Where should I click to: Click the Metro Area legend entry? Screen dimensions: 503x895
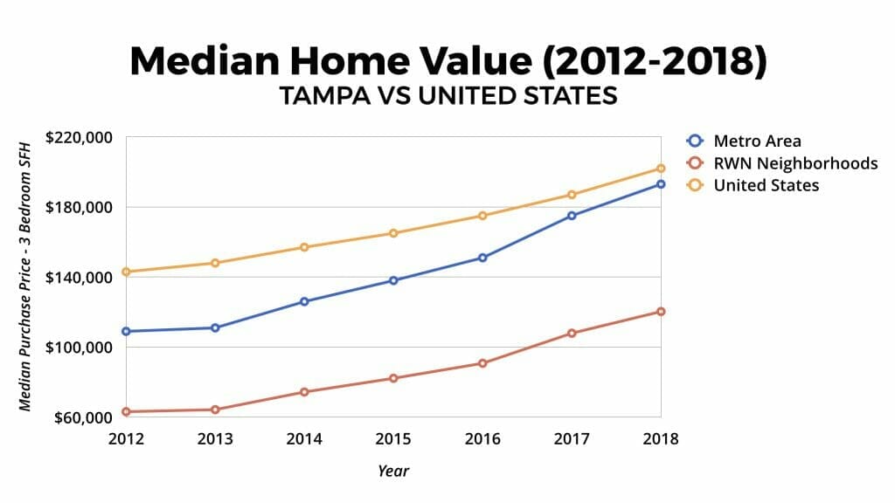(x=757, y=141)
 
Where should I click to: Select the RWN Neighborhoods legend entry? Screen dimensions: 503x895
(x=794, y=163)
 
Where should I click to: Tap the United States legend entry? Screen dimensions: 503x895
(x=766, y=185)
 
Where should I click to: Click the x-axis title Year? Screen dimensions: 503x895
(x=393, y=471)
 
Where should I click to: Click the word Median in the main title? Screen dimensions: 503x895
(x=205, y=62)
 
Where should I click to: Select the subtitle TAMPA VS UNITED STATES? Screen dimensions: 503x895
(x=447, y=96)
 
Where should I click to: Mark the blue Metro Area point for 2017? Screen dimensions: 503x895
(x=572, y=216)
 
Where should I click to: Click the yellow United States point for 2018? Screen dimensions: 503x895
(x=661, y=169)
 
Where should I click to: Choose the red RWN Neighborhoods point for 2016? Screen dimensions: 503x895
(x=482, y=363)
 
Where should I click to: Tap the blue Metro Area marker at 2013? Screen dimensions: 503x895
(x=215, y=327)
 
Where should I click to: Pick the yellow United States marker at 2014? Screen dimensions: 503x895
(x=304, y=247)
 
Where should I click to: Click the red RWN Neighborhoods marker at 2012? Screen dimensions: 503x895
(x=126, y=411)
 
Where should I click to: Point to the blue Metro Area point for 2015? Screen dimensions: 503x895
(x=393, y=280)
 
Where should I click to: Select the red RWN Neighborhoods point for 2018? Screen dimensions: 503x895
(x=661, y=312)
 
